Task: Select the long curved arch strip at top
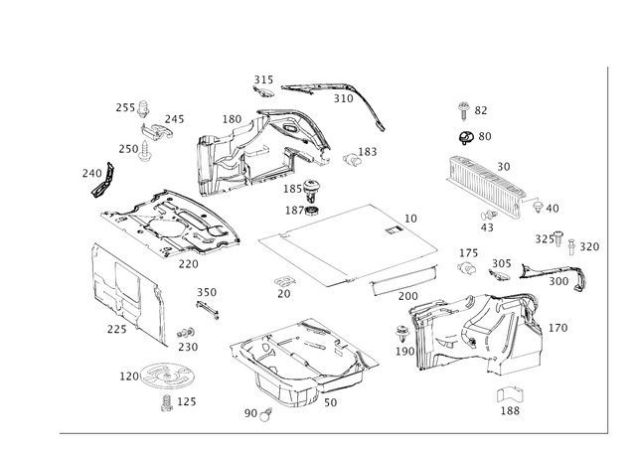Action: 328,89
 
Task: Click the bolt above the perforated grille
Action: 463,106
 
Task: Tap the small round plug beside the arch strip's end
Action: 354,157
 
